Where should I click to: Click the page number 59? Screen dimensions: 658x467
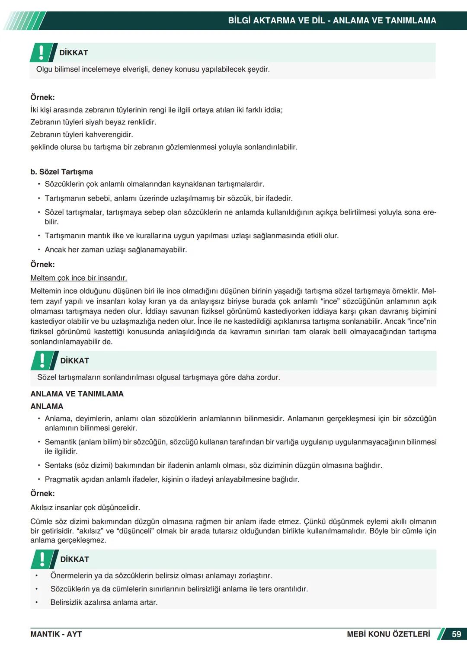[456, 634]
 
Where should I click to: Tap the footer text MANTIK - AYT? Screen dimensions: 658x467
[56, 634]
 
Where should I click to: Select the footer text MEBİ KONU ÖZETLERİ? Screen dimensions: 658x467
[388, 634]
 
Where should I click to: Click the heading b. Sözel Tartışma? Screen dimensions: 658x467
[61, 172]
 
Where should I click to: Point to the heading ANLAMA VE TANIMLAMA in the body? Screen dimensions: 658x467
[77, 394]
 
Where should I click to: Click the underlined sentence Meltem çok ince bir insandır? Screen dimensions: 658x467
[79, 278]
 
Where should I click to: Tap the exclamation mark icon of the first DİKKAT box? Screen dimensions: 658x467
[42, 52]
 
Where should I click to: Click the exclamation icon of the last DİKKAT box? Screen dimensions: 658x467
[42, 559]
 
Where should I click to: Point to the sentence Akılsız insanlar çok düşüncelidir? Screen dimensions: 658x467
[85, 508]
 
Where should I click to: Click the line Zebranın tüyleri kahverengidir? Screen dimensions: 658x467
[82, 134]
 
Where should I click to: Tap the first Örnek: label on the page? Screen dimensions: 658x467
[42, 98]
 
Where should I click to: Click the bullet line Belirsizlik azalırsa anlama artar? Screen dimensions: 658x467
[104, 602]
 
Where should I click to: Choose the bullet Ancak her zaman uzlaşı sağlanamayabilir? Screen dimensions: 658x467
[116, 249]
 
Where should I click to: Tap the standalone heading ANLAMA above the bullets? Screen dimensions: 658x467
[47, 406]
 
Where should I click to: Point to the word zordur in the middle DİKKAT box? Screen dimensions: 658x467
[269, 377]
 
